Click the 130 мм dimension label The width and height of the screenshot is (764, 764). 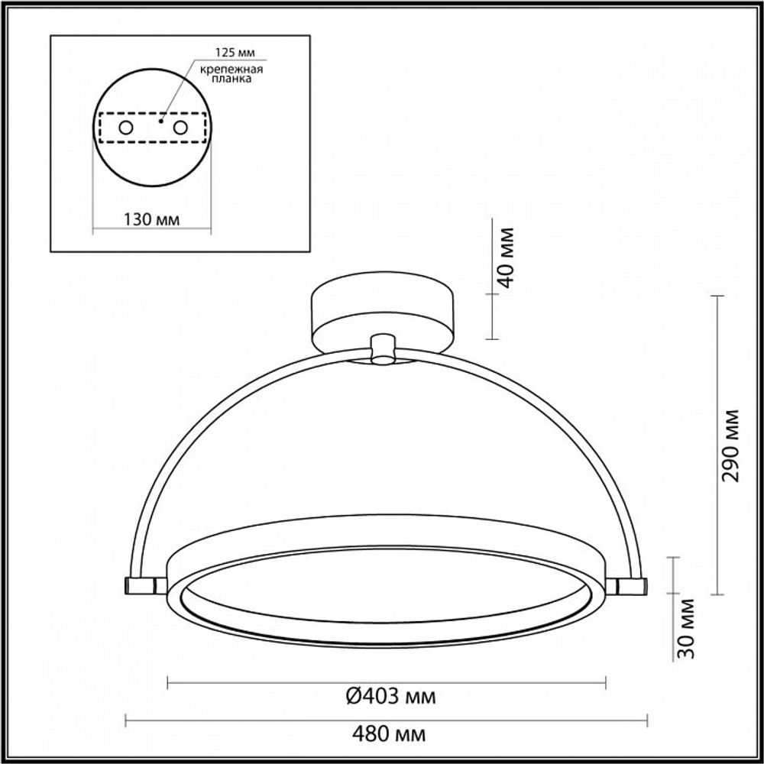click(x=151, y=219)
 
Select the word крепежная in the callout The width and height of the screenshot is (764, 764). click(x=227, y=69)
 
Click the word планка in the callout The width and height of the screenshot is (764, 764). click(x=227, y=79)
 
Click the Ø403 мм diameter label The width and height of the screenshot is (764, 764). click(x=387, y=697)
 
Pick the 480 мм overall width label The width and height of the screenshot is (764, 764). click(x=387, y=735)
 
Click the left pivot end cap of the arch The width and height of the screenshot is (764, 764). click(x=141, y=585)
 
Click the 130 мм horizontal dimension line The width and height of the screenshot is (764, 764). click(x=151, y=229)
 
